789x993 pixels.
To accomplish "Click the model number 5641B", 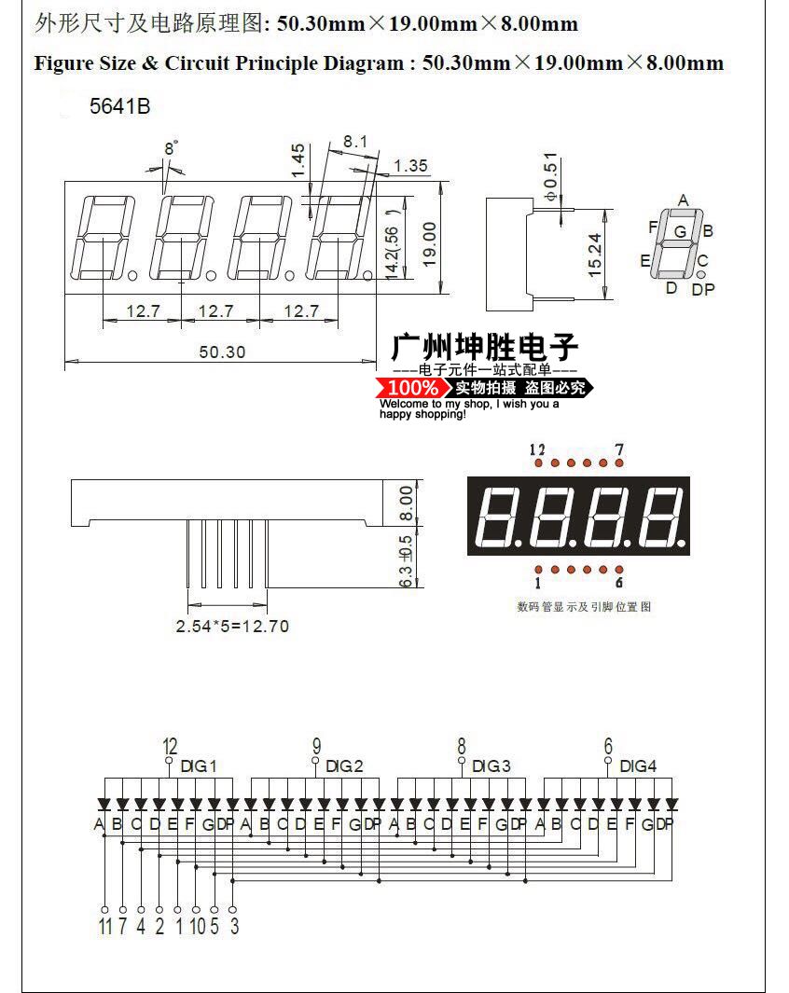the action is [119, 106].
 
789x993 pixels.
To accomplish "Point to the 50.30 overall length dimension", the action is [222, 351].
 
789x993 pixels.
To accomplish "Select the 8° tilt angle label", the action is [171, 148].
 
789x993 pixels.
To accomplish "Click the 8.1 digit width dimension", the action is [355, 142].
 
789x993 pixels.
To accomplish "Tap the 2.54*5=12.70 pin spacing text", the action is [232, 626].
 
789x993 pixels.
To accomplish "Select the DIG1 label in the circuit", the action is [199, 766].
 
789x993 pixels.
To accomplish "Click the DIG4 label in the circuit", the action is [638, 766].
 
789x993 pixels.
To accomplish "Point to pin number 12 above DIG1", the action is [170, 746].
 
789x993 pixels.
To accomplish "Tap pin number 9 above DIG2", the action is [316, 746].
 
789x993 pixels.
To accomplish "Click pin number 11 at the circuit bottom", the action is [104, 927].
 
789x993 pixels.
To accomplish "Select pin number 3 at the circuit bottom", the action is [233, 927].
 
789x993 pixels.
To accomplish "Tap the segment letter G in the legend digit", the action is [680, 231].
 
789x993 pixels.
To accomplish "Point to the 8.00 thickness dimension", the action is [406, 503].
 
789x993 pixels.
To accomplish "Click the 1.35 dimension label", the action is [410, 166].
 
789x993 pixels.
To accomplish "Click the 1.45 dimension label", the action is [298, 160].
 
